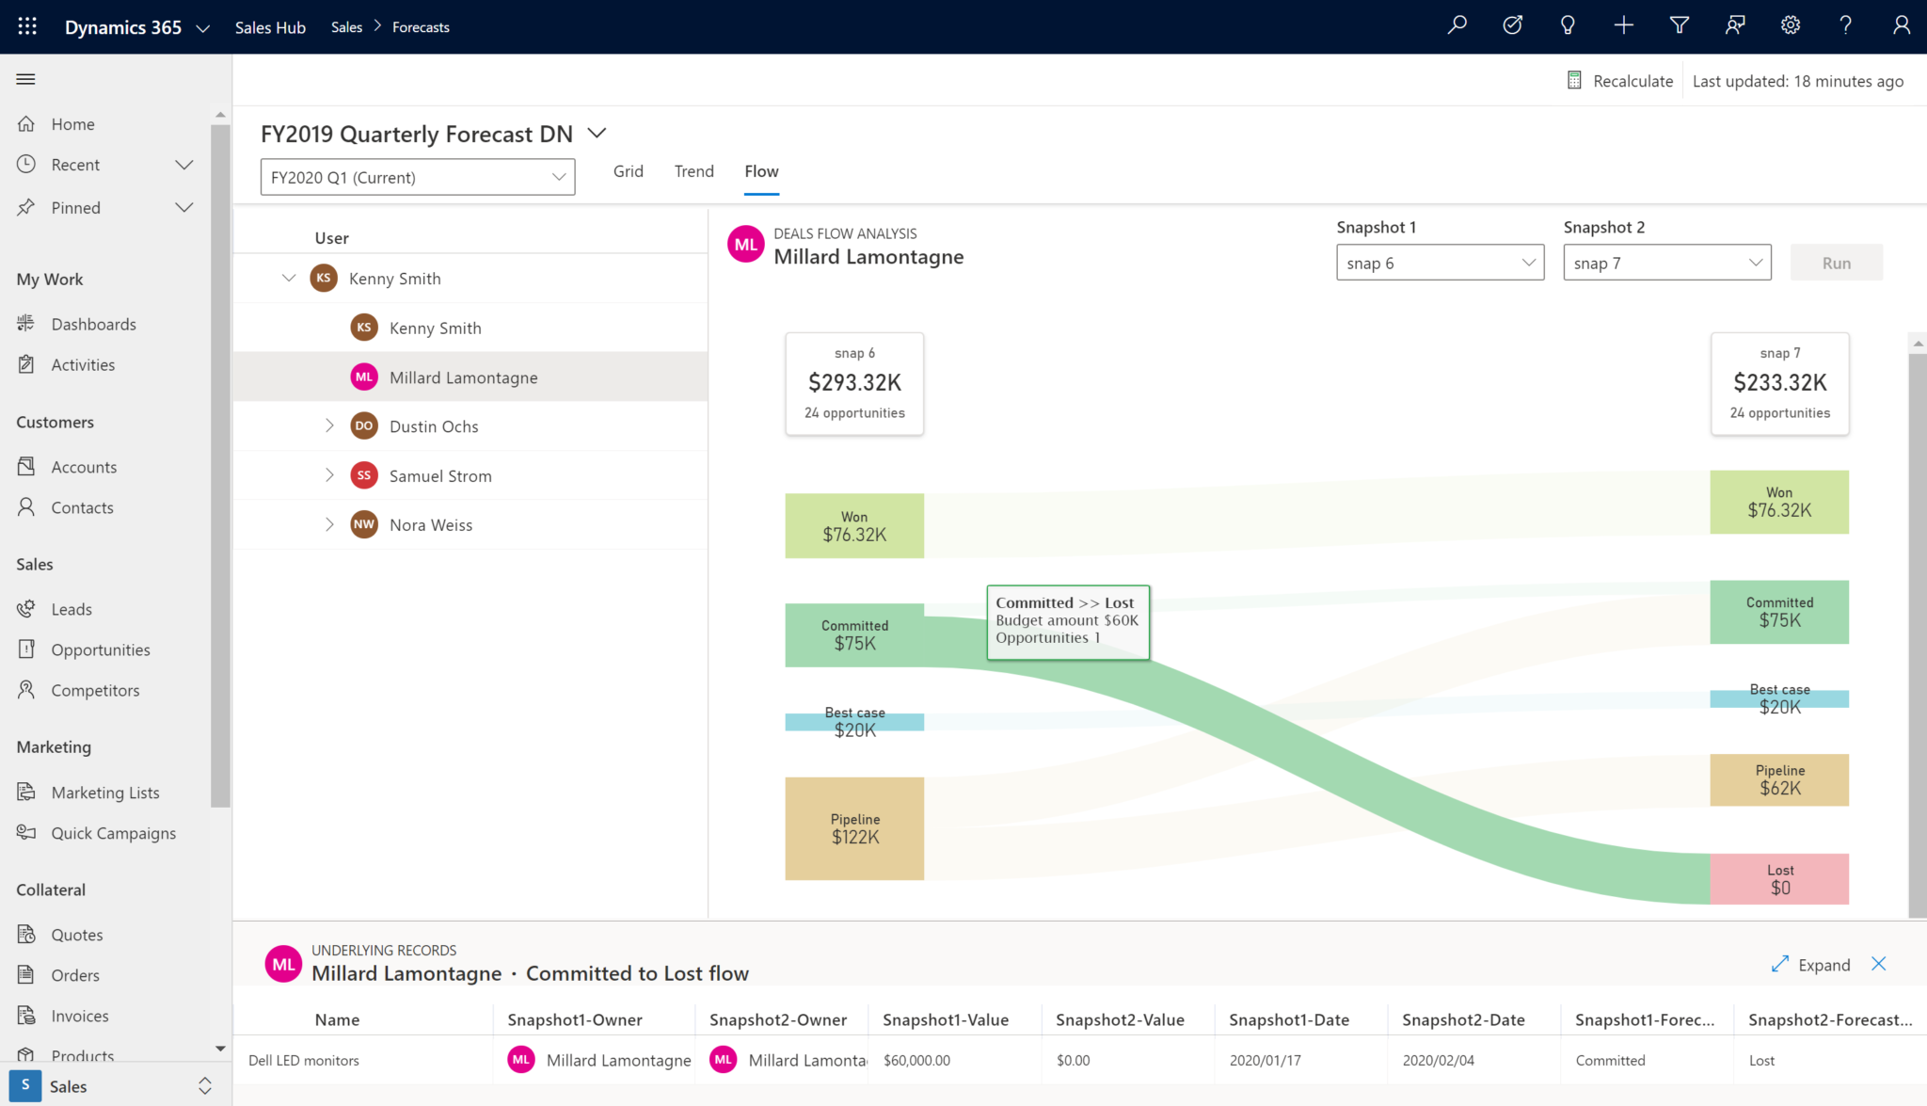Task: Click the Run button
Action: (1836, 263)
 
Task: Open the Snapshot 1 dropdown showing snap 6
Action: (1439, 263)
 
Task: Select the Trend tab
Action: (693, 171)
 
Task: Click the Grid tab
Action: (628, 171)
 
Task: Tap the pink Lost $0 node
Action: (1778, 879)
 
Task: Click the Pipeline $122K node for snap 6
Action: (854, 828)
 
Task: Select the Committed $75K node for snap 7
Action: (1778, 612)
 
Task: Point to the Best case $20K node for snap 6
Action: (854, 722)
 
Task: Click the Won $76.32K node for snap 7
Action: (1778, 502)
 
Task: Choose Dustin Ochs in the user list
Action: (434, 426)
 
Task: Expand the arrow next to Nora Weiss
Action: (329, 524)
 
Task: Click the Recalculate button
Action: (1620, 81)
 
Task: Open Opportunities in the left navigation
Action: (101, 649)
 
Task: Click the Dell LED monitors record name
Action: (304, 1060)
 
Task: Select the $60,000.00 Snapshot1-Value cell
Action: (916, 1060)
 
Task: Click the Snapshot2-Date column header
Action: (1463, 1019)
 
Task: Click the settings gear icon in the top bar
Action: (1790, 26)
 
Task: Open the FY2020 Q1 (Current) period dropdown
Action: (418, 177)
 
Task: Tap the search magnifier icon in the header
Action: (1457, 26)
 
